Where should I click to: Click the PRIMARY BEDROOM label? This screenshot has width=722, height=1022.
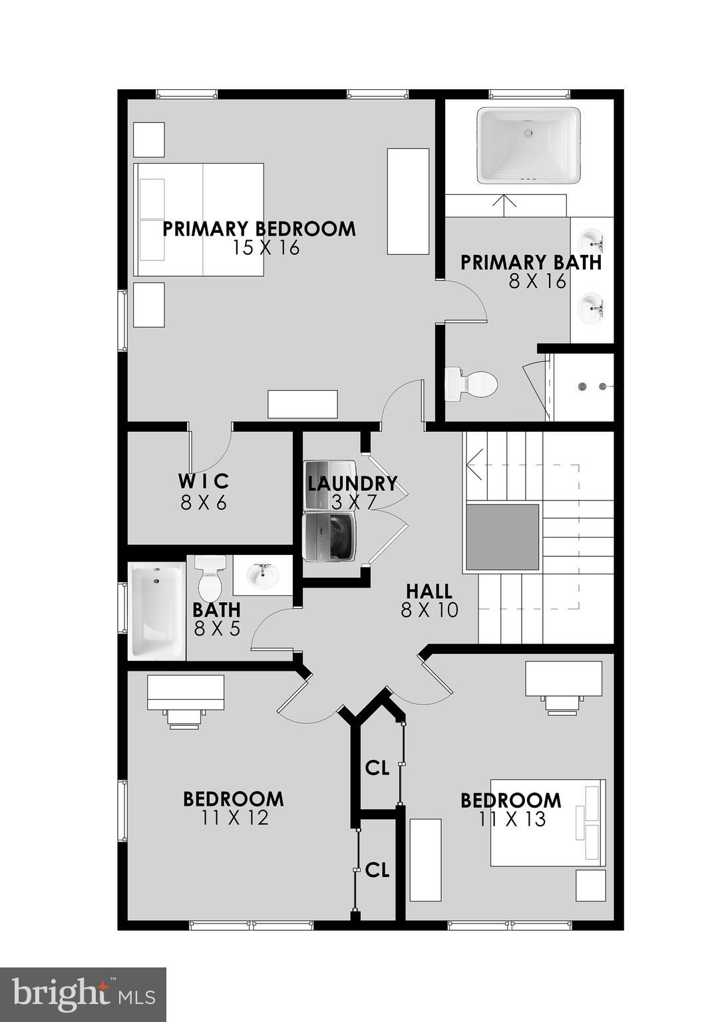260,229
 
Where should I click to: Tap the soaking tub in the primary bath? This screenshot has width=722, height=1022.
528,145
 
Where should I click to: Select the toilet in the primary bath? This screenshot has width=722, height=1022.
472,384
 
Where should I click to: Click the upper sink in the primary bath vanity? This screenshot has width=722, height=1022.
590,239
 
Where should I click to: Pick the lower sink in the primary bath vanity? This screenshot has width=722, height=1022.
590,307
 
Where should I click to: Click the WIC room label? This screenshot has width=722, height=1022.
204,481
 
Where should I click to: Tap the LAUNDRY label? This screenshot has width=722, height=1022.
352,483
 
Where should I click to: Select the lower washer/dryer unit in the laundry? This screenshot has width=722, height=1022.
329,536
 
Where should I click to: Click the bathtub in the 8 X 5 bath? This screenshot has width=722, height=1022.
157,611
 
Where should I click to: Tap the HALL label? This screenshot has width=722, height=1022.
429,591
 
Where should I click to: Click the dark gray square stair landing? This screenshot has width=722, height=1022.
502,537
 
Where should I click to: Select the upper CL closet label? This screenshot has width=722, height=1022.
377,768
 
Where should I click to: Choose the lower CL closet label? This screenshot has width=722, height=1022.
377,870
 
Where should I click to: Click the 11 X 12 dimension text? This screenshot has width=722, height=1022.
234,818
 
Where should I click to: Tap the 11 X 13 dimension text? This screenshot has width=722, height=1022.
512,819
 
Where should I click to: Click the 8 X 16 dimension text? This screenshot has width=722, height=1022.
538,281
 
